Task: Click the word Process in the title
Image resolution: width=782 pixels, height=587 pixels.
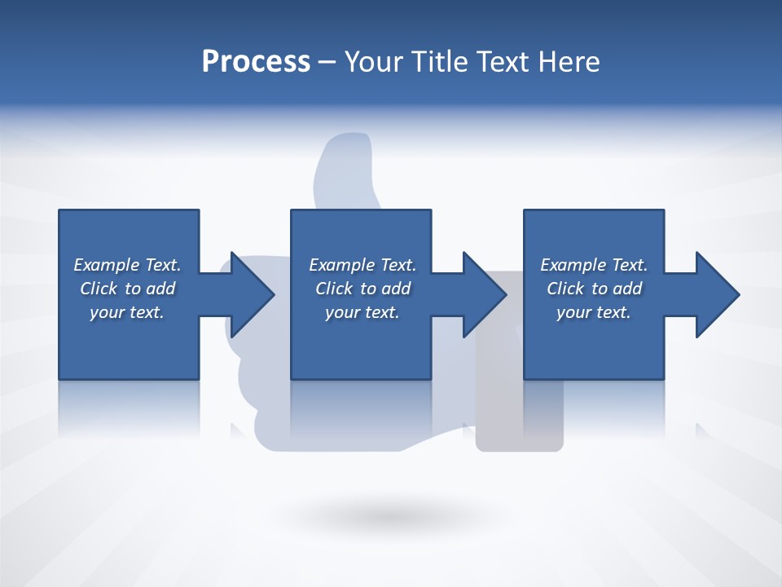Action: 256,62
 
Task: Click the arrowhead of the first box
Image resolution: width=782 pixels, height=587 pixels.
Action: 253,294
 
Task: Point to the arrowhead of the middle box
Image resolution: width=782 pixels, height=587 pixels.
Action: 485,294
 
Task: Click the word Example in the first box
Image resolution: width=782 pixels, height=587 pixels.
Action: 107,265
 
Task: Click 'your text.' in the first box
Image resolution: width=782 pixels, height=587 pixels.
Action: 127,312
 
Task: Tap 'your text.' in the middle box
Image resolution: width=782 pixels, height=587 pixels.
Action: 362,312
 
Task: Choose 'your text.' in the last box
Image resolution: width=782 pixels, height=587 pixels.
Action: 593,312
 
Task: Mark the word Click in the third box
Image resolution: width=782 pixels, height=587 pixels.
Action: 565,289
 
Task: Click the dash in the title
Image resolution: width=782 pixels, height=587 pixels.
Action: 327,62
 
